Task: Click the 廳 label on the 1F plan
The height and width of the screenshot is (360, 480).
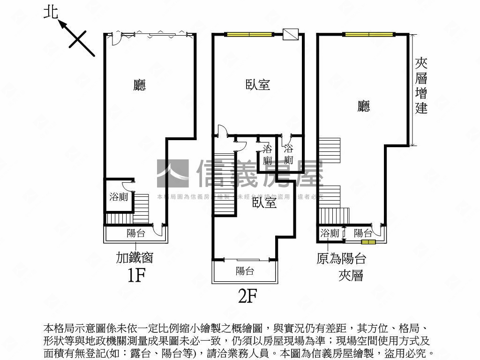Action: [139, 85]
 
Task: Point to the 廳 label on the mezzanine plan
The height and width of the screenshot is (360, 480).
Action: [363, 106]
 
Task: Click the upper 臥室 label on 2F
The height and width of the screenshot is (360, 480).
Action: [258, 85]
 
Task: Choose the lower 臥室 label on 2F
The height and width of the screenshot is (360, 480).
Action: [264, 202]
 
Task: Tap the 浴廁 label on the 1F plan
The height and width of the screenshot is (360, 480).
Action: [119, 197]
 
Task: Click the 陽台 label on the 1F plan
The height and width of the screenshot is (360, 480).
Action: [136, 233]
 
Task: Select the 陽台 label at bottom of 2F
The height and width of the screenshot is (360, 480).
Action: [245, 271]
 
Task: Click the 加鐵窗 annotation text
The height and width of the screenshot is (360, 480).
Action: [135, 257]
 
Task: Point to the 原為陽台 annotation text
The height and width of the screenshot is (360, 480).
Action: [341, 259]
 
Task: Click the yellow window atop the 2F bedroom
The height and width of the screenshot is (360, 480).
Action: [248, 34]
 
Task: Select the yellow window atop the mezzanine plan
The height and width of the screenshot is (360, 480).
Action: [368, 34]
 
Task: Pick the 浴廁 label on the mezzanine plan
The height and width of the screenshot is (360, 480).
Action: [330, 233]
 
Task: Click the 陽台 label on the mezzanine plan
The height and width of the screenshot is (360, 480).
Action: [363, 233]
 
